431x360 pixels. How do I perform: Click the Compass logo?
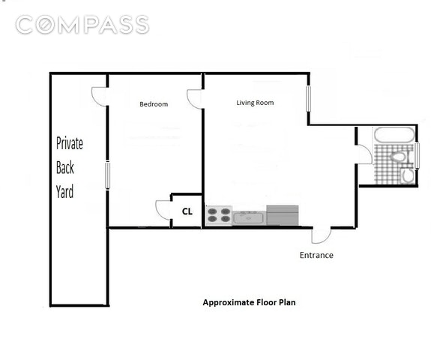point(82,25)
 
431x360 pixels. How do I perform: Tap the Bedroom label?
point(154,104)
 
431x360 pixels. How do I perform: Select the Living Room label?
point(255,103)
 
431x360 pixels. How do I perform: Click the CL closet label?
point(187,211)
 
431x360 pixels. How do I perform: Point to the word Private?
point(70,143)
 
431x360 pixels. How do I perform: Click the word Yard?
point(65,192)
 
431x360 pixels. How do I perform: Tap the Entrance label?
point(316,255)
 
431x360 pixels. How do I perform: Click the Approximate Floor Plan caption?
point(250,302)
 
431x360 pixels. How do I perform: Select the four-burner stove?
point(219,215)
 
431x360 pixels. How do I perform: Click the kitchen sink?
point(250,218)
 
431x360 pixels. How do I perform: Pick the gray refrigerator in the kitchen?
point(283,215)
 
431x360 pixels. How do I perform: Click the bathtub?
point(394,135)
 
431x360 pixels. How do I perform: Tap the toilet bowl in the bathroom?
point(398,157)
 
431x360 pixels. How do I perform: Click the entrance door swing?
point(321,235)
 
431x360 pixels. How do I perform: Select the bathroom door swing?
point(365,154)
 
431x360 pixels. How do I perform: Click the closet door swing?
point(162,210)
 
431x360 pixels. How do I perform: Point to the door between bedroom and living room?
point(194,99)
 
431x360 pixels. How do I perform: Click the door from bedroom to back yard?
point(99,97)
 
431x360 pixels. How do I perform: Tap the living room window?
point(308,99)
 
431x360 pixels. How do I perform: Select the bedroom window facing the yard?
point(108,175)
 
